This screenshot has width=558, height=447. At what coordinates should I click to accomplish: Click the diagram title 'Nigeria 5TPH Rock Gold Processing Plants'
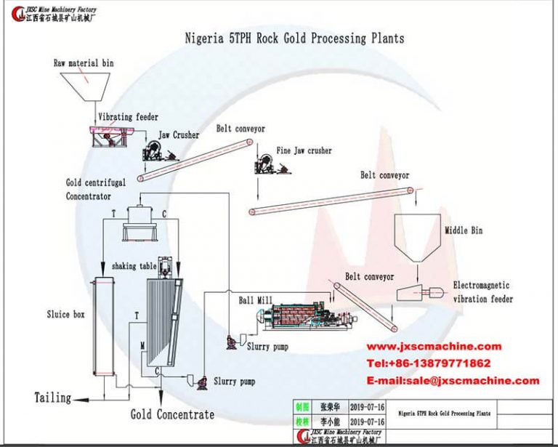click(x=294, y=38)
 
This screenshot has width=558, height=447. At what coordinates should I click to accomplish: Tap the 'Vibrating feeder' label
click(x=128, y=117)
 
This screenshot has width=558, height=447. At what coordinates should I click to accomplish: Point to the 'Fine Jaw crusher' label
click(x=304, y=151)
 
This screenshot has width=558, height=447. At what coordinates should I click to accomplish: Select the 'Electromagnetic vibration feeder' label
click(x=482, y=292)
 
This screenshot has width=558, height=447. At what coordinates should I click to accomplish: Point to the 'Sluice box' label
click(x=65, y=315)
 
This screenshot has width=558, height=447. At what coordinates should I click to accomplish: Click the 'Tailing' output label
click(x=53, y=398)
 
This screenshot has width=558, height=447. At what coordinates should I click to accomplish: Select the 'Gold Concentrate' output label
click(x=172, y=414)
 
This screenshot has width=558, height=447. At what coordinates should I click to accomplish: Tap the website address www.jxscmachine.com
click(x=433, y=347)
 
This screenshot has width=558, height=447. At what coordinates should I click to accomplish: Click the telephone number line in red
click(x=428, y=363)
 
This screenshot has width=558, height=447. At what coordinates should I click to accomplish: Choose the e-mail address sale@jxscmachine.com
click(x=453, y=380)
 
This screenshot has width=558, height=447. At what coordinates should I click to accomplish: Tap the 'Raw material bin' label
click(x=84, y=63)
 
